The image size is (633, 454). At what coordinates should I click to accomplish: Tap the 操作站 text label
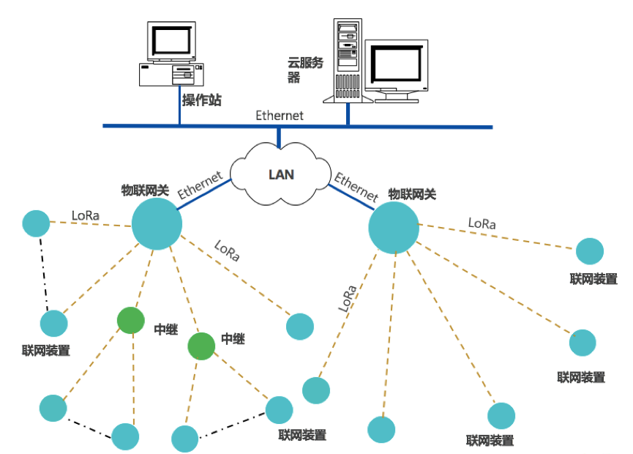(201, 100)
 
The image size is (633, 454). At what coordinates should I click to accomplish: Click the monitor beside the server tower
(396, 64)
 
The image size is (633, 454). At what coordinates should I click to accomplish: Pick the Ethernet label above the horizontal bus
(279, 115)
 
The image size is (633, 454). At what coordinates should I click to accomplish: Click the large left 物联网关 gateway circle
(157, 224)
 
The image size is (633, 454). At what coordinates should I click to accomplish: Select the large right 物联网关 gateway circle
(394, 228)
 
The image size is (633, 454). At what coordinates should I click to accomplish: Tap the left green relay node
(131, 320)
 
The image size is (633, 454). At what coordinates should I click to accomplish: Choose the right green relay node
(201, 346)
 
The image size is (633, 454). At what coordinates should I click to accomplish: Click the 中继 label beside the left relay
(165, 329)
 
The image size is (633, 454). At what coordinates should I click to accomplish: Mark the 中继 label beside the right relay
(233, 339)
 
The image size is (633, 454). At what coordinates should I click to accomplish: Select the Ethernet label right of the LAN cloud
(356, 187)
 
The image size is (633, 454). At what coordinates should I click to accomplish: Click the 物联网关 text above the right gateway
(412, 194)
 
